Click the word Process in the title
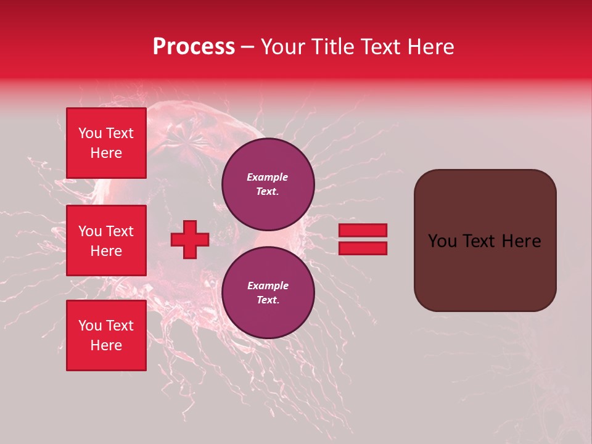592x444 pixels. pyautogui.click(x=194, y=47)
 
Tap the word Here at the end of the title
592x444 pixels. pyautogui.click(x=430, y=47)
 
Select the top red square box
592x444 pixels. pyautogui.click(x=106, y=143)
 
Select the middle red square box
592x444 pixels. pyautogui.click(x=106, y=240)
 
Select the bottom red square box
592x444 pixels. pyautogui.click(x=106, y=335)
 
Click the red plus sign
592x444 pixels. pyautogui.click(x=190, y=239)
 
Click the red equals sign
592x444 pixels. pyautogui.click(x=363, y=239)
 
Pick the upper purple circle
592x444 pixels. pyautogui.click(x=268, y=184)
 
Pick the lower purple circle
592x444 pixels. pyautogui.click(x=268, y=292)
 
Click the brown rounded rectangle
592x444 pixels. pyautogui.click(x=485, y=271)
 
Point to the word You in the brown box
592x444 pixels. pyautogui.click(x=442, y=241)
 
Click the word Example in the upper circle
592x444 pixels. pyautogui.click(x=268, y=177)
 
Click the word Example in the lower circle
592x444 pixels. pyautogui.click(x=268, y=286)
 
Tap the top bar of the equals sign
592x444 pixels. pyautogui.click(x=363, y=230)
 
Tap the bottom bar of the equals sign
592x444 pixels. pyautogui.click(x=363, y=249)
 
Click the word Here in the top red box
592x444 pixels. pyautogui.click(x=106, y=153)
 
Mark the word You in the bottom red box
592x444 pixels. pyautogui.click(x=90, y=326)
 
